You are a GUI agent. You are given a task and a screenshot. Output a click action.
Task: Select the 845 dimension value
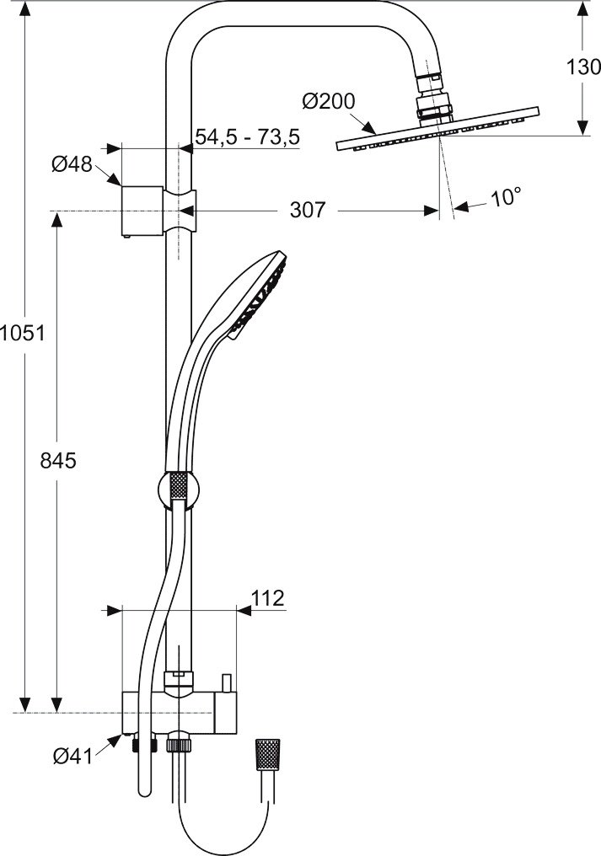point(58,461)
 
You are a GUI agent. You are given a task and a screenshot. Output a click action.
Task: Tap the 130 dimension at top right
point(583,67)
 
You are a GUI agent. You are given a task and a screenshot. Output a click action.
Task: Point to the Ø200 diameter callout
point(329,101)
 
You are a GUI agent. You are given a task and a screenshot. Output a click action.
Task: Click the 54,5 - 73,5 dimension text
point(248,136)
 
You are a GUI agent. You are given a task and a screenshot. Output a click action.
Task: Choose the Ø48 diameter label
point(72,163)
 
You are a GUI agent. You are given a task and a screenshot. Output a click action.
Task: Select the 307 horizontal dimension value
point(307,210)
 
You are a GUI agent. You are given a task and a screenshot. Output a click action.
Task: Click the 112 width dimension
point(268,598)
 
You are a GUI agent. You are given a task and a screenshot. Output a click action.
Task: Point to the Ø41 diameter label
point(72,756)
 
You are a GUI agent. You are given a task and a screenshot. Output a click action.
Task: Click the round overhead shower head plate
point(437,129)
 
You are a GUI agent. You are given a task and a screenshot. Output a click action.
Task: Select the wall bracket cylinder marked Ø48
point(141,211)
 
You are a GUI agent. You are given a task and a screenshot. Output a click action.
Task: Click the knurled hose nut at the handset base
point(177,486)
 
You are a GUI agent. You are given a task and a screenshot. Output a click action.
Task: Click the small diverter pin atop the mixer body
point(226,682)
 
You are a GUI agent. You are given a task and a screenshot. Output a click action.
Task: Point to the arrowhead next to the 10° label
point(461,206)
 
